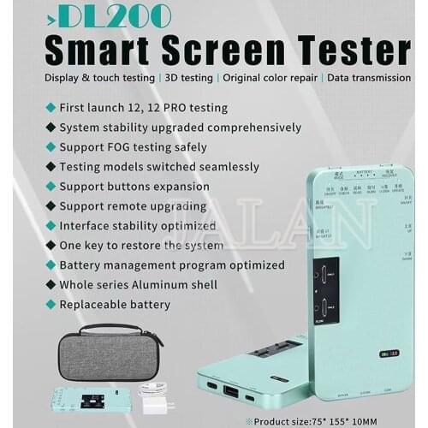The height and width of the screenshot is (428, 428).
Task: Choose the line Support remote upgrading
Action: coord(132,205)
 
